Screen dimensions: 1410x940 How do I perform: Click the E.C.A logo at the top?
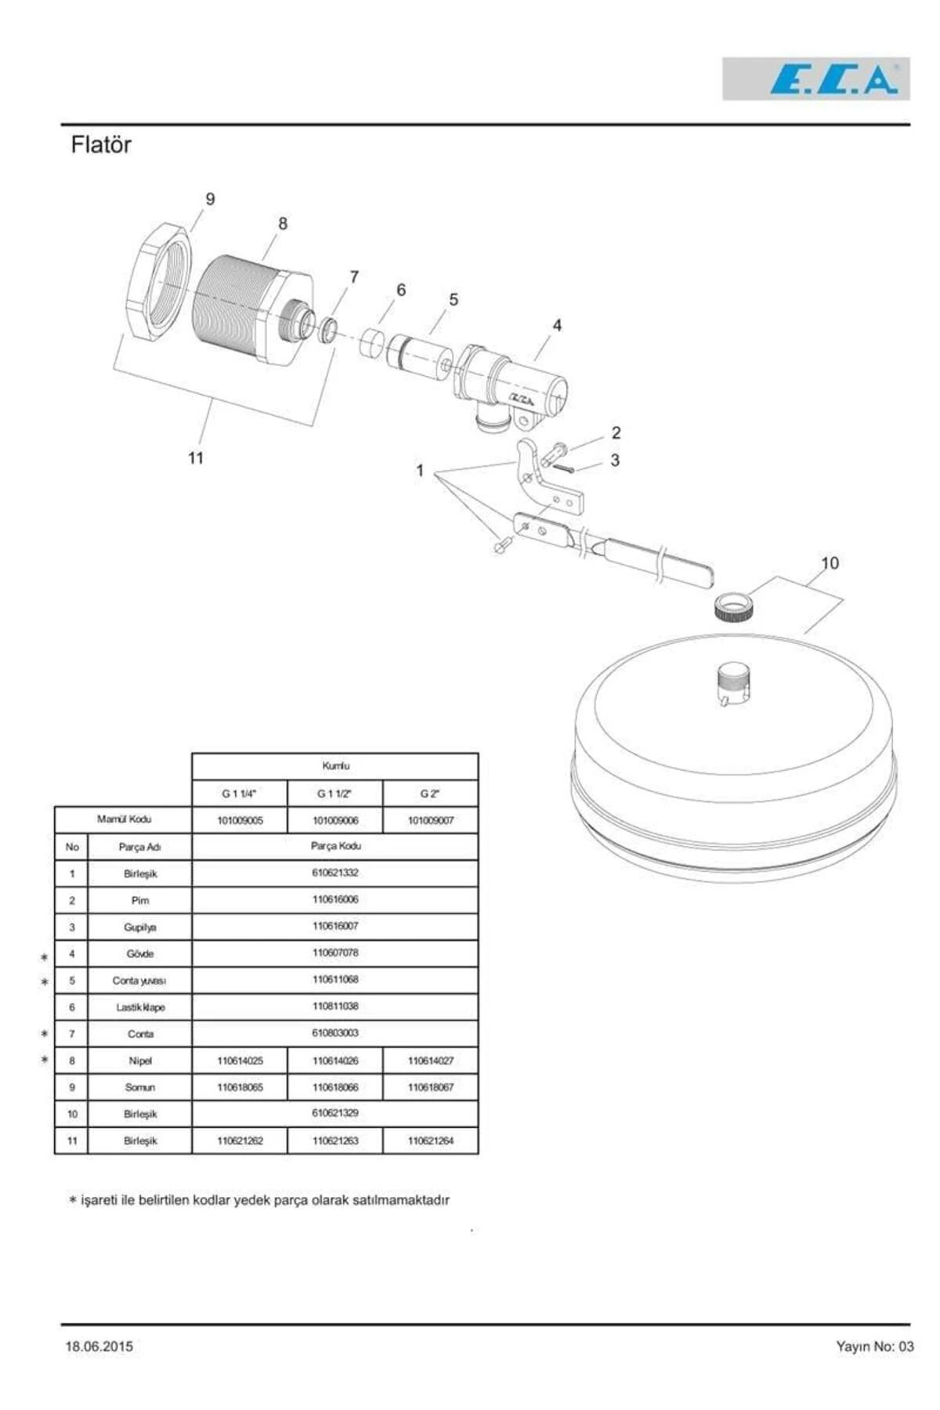815,78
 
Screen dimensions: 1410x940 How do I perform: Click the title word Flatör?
101,145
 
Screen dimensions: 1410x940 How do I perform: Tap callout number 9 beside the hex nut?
210,199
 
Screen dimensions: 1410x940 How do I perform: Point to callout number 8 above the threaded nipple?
283,223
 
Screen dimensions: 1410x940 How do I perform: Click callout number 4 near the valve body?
557,324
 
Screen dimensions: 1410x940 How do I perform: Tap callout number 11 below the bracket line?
196,457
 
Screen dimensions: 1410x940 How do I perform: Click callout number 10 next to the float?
830,562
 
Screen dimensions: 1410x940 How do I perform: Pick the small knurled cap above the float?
733,607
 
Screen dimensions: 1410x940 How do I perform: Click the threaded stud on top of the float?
733,683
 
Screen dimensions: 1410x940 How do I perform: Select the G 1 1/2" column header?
334,794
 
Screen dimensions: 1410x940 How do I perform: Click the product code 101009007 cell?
430,820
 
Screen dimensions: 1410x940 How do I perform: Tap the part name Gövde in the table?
140,953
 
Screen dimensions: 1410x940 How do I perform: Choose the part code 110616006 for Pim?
335,899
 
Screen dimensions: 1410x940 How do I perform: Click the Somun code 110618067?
430,1087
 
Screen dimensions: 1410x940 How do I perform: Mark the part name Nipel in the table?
140,1061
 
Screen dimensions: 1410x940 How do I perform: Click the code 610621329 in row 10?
335,1112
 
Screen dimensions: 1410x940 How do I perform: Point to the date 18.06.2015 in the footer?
99,1347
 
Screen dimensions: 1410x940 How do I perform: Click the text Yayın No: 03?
874,1347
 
